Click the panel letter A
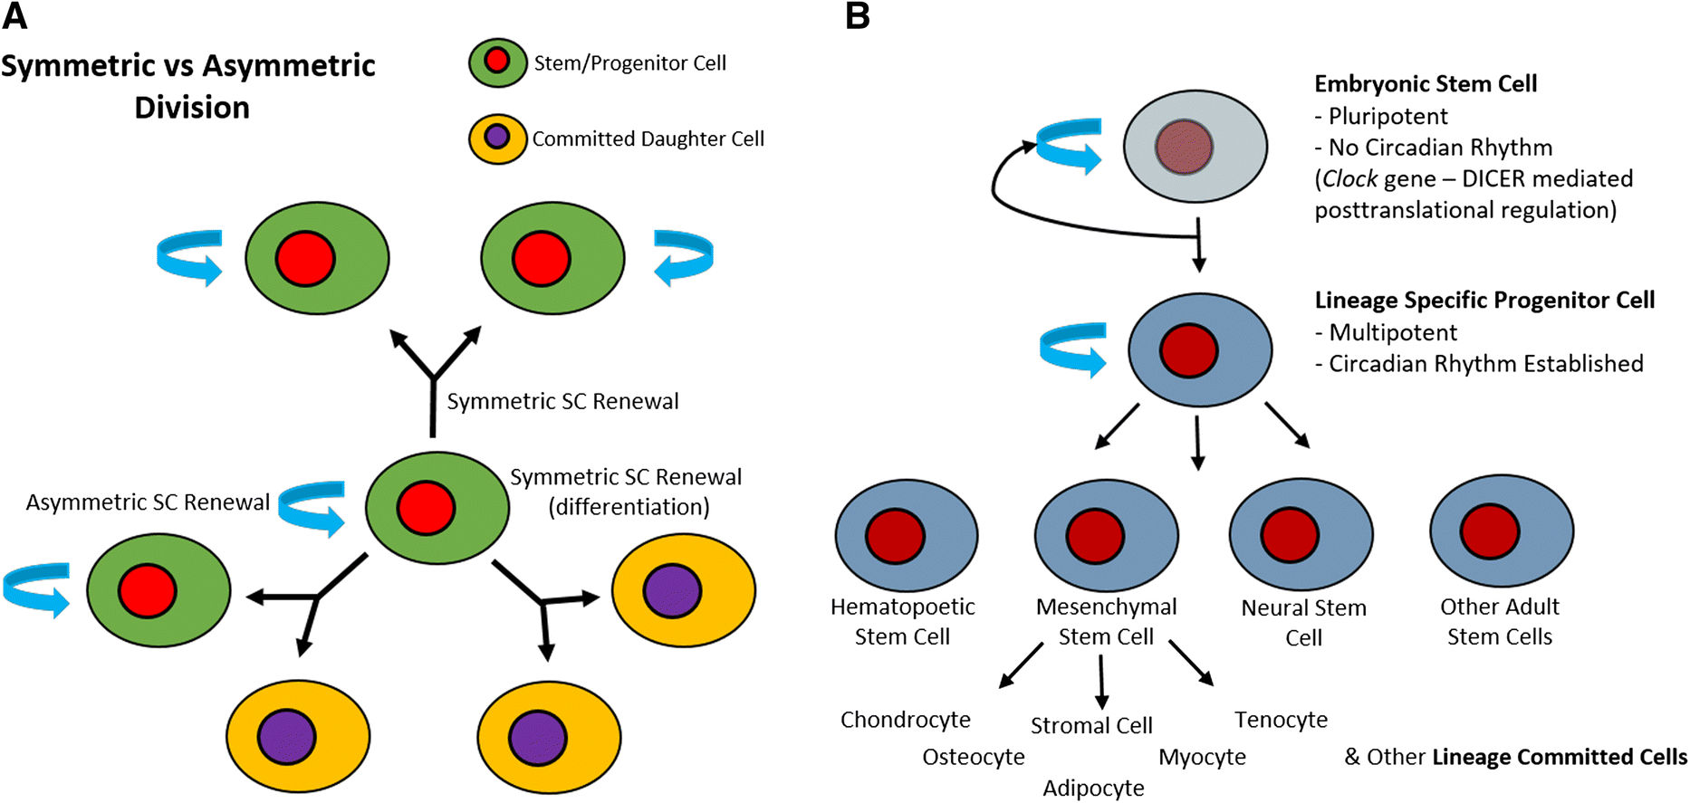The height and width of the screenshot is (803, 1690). [x=15, y=15]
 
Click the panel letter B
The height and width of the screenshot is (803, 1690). [x=857, y=15]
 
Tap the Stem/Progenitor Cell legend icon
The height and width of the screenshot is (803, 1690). [x=497, y=62]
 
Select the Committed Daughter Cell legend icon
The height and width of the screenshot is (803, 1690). [x=497, y=138]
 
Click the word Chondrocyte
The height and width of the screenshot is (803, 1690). [x=905, y=720]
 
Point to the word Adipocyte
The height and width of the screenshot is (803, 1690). [x=1093, y=789]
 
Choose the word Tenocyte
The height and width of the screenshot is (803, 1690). [x=1281, y=720]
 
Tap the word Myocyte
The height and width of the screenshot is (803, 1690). [x=1202, y=757]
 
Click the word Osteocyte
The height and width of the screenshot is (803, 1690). [x=974, y=757]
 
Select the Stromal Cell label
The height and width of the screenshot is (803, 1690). [x=1091, y=726]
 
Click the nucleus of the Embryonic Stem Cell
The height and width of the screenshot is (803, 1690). [x=1184, y=147]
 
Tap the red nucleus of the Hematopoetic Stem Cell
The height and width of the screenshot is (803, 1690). [x=895, y=535]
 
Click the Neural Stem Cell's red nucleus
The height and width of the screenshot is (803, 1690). [x=1290, y=535]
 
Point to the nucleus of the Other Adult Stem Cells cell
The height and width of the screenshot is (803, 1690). [x=1490, y=531]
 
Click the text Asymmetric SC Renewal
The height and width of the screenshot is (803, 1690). [x=148, y=502]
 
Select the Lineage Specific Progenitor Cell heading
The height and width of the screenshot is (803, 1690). [x=1484, y=301]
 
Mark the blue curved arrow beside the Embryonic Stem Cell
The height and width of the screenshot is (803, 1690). [x=1069, y=145]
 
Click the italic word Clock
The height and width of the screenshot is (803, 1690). [x=1349, y=179]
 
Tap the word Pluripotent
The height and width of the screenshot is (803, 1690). [x=1388, y=117]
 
